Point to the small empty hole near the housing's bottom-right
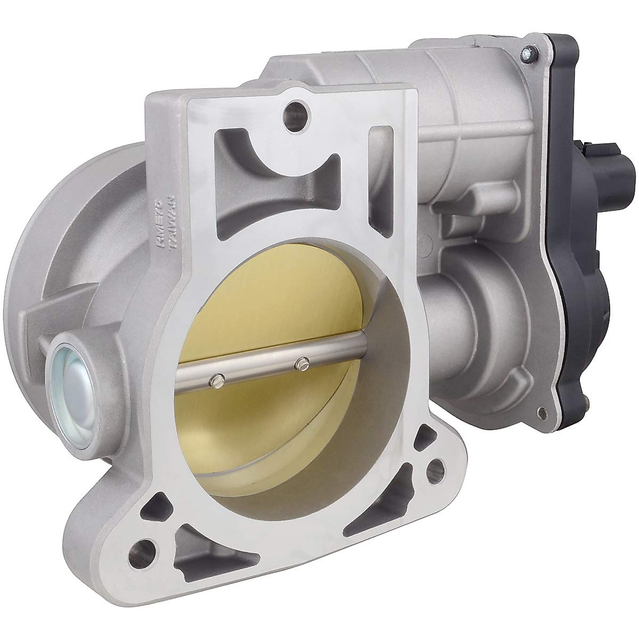542,412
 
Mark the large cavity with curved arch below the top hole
266,176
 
